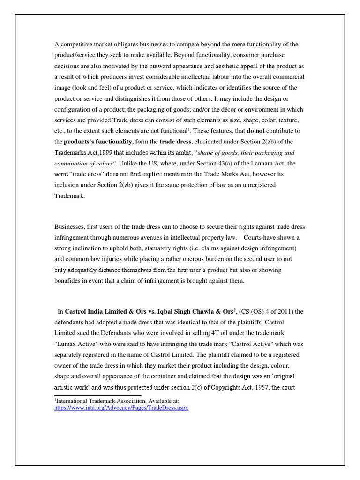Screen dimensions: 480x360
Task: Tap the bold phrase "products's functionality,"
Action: (98, 142)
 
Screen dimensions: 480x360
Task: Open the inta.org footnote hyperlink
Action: (121, 408)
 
